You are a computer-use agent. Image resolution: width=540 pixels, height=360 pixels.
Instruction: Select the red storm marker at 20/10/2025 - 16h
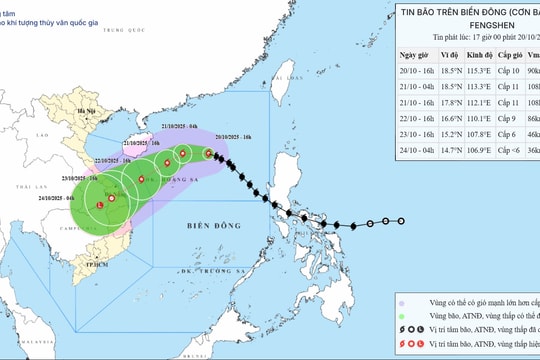click(x=208, y=153)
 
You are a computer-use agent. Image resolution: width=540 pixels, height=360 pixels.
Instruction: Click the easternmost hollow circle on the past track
click(x=402, y=221)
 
